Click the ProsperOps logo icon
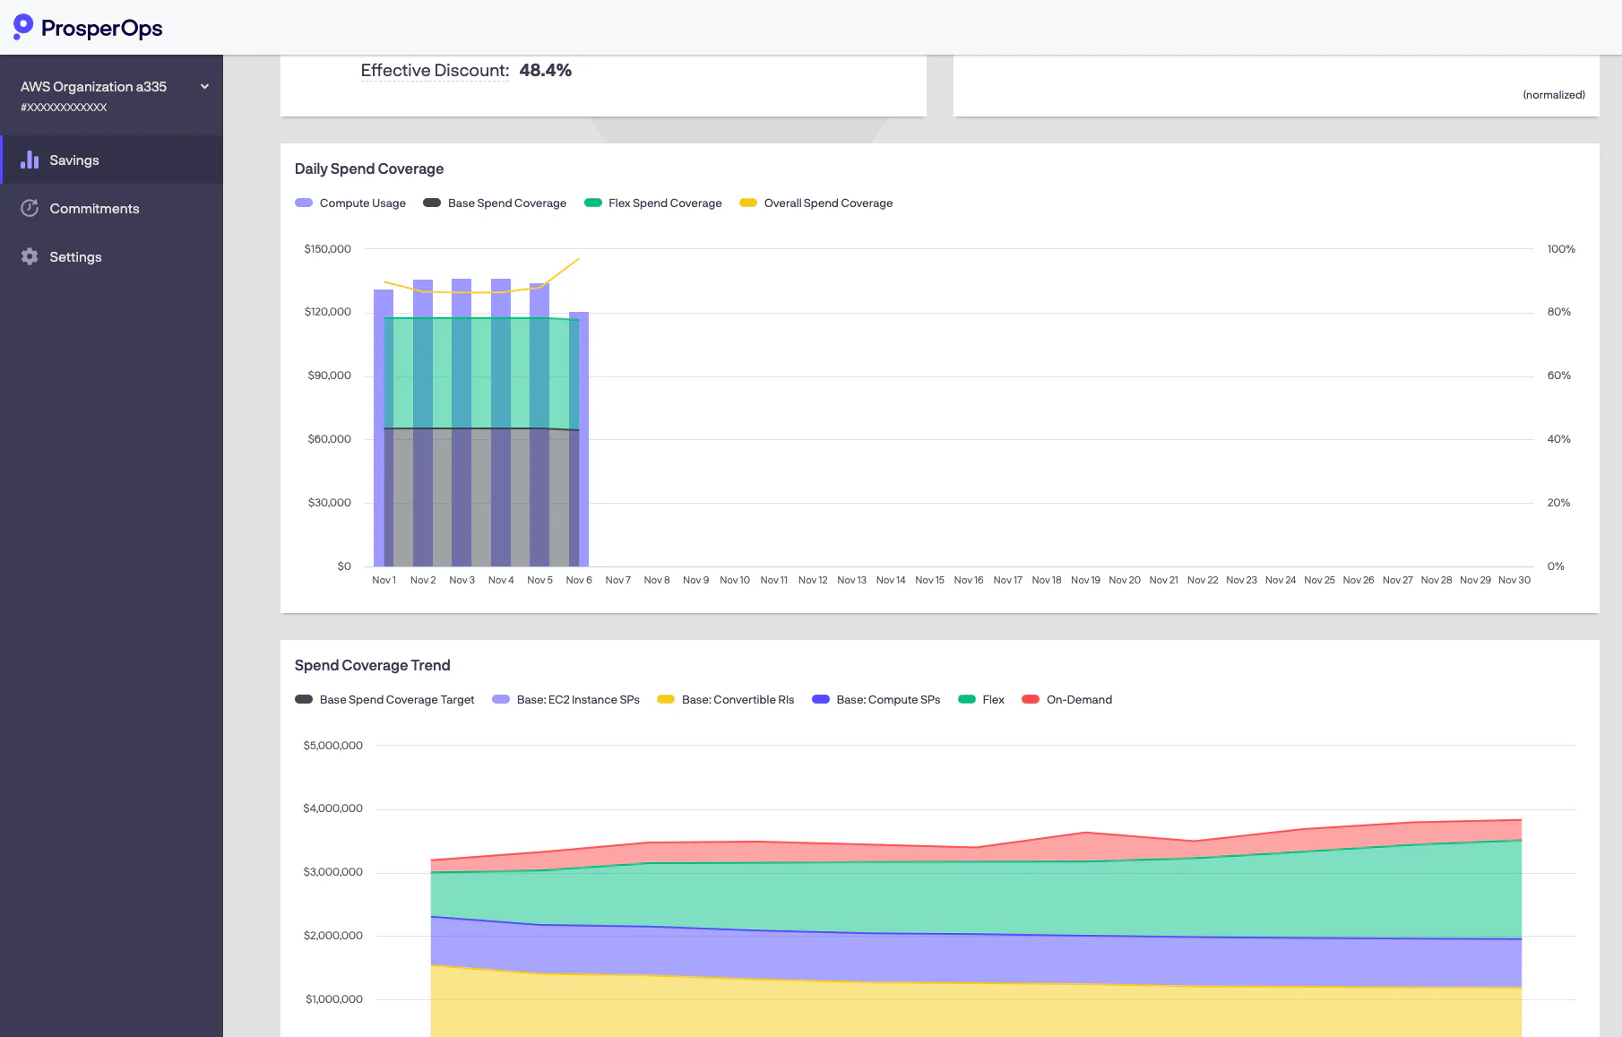23,27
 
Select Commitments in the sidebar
94,208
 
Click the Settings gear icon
30,256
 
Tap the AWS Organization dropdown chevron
204,87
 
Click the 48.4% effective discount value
545,70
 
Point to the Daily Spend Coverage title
369,169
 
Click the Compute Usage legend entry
350,203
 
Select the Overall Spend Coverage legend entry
816,203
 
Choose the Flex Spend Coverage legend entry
653,203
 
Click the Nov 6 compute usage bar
579,439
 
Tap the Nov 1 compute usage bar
384,428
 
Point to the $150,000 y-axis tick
328,249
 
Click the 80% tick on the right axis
1559,312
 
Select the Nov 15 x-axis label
929,580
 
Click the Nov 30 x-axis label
1514,580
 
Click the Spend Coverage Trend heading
373,665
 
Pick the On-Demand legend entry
1067,700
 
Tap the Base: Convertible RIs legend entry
726,700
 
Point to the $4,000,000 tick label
333,808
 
